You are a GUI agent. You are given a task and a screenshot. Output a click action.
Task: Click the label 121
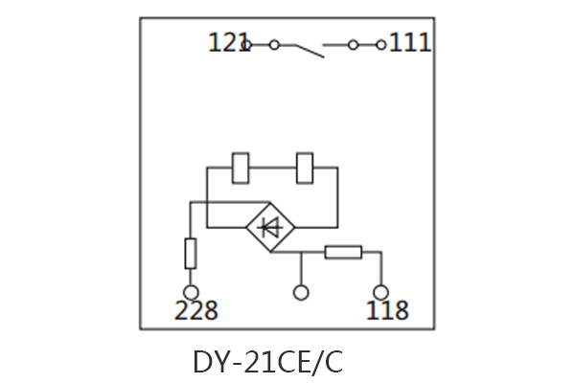[x=228, y=43]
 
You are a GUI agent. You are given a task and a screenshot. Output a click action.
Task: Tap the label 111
[x=410, y=43]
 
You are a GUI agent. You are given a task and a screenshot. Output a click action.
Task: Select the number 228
[x=195, y=311]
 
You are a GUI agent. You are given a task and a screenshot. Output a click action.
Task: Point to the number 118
[x=386, y=311]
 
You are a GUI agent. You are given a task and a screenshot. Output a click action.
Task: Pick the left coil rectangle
[x=241, y=168]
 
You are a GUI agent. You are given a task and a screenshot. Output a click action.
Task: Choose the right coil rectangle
[x=307, y=168]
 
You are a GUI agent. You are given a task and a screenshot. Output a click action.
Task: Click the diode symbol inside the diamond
[x=271, y=228]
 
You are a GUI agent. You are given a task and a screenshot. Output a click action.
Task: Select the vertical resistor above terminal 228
[x=191, y=254]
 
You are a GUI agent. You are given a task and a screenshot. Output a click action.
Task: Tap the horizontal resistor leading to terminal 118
[x=342, y=253]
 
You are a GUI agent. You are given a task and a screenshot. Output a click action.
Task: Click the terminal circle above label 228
[x=191, y=292]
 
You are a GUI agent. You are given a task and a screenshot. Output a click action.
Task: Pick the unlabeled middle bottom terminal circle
[x=301, y=292]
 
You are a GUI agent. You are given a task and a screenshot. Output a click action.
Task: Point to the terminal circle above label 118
[x=380, y=292]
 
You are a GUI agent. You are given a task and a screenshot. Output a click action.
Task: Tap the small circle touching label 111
[x=380, y=44]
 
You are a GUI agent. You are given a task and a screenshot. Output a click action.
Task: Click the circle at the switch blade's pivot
[x=274, y=44]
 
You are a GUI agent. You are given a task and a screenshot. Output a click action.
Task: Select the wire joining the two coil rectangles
[x=274, y=168]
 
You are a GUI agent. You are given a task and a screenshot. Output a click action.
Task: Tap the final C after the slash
[x=332, y=363]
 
